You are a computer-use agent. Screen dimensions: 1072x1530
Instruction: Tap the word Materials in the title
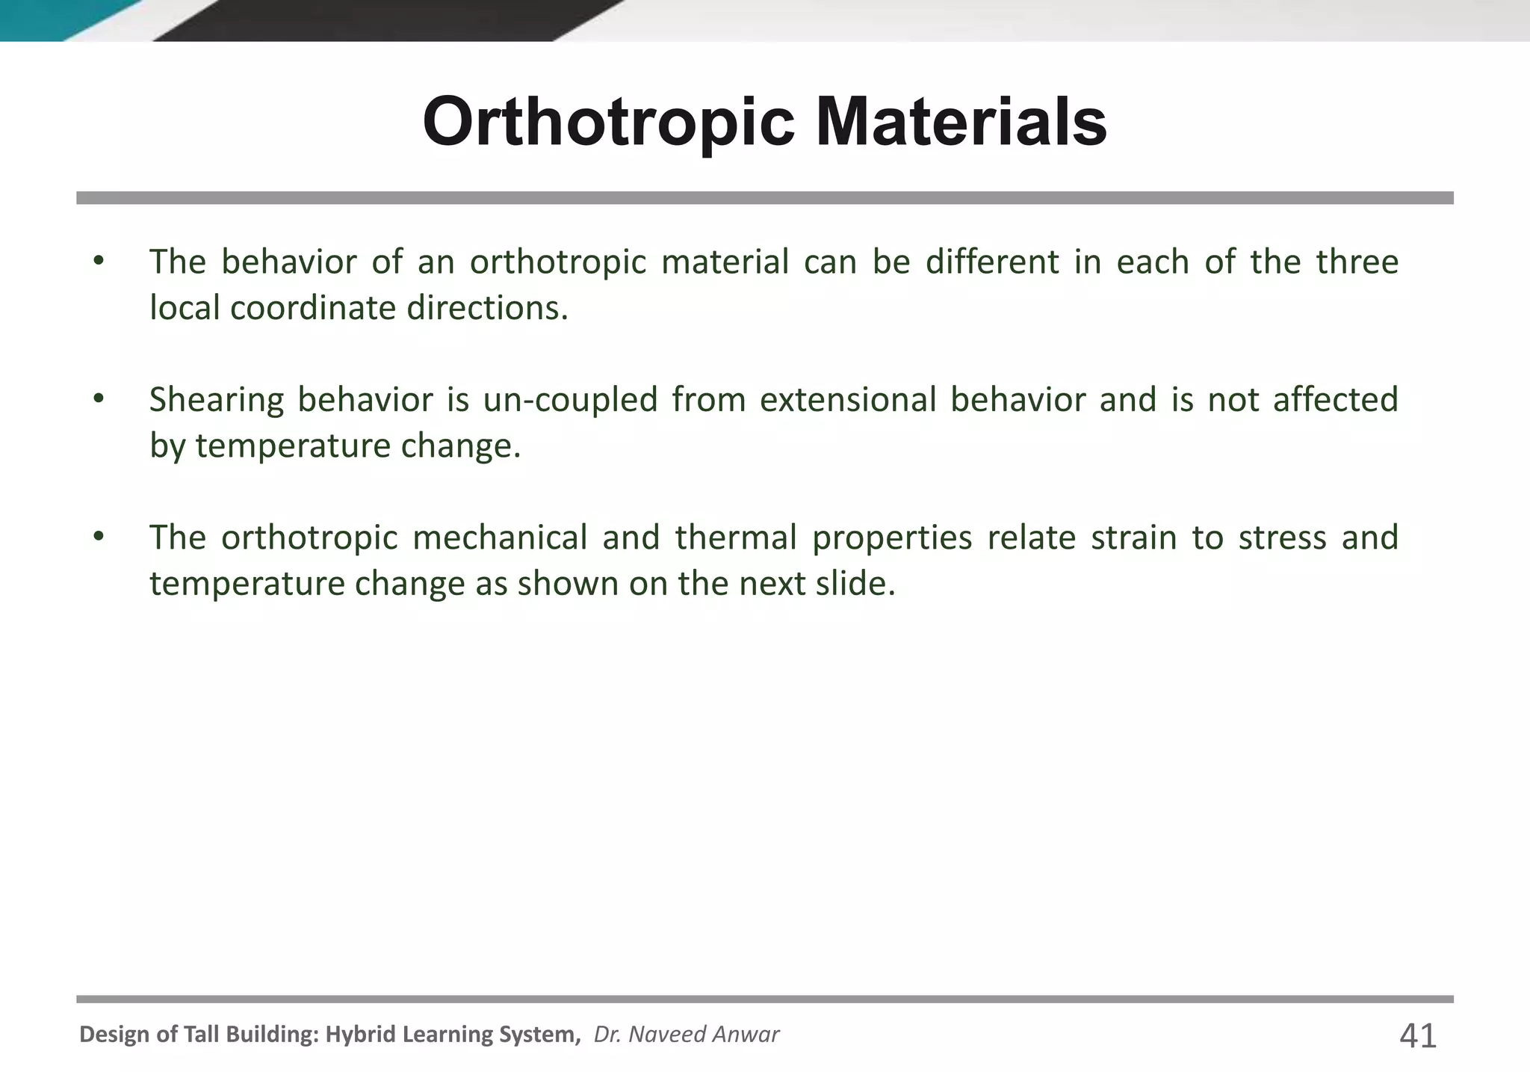click(961, 122)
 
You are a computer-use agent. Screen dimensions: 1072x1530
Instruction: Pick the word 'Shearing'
click(217, 400)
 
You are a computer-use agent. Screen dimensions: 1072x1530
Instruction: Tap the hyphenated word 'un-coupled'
click(570, 400)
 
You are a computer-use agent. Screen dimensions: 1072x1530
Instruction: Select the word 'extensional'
click(848, 400)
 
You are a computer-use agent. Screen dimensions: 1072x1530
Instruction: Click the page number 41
click(1417, 1036)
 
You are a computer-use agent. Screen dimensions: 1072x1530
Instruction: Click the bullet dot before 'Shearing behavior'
click(98, 399)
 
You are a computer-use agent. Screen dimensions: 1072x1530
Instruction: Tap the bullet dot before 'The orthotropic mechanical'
click(98, 537)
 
